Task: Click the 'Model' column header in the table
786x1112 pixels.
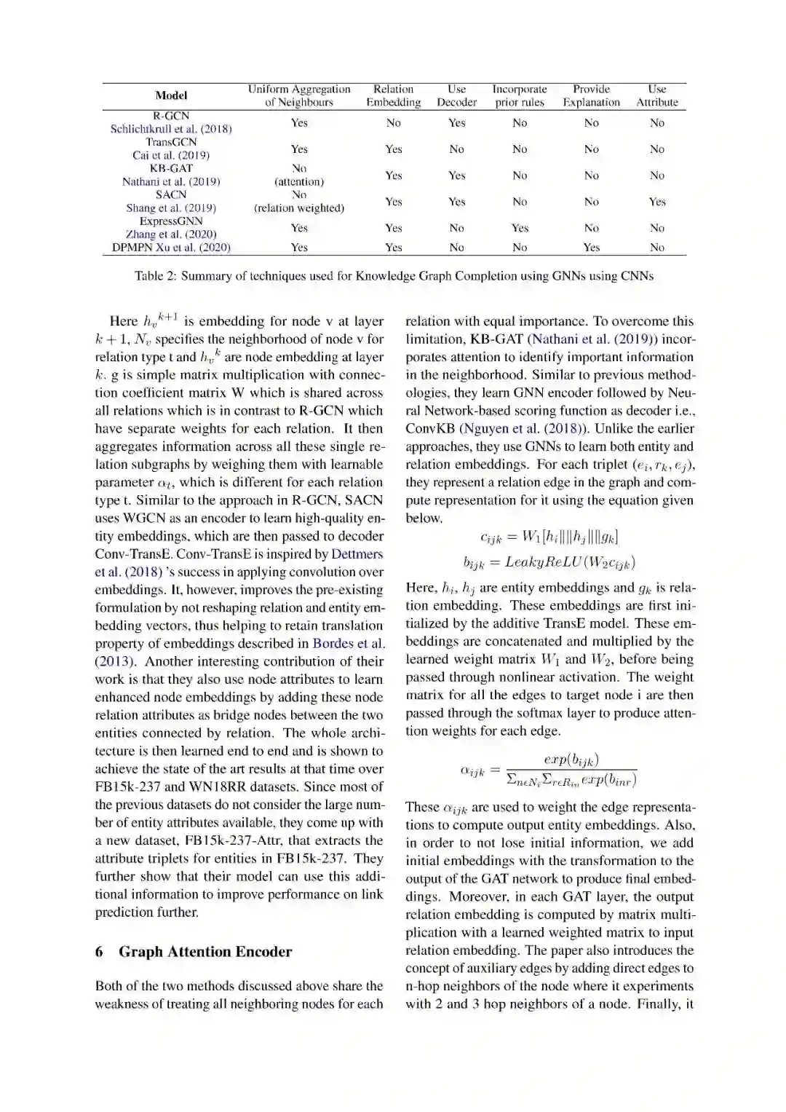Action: coord(171,95)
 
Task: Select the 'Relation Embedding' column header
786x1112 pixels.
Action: coord(393,95)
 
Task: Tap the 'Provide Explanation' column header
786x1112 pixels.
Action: coord(591,95)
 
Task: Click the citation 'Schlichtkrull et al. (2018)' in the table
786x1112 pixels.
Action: coord(171,129)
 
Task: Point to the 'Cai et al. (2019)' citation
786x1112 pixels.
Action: coord(171,155)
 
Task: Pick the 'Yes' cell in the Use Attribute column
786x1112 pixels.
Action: coord(656,202)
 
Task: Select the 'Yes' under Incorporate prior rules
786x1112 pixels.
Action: coord(520,228)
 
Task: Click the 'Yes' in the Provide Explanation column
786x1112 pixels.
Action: coord(591,248)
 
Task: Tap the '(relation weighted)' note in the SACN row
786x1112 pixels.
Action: coord(299,208)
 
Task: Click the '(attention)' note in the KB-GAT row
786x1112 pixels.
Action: coord(299,182)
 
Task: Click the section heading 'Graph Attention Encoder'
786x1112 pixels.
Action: coord(205,952)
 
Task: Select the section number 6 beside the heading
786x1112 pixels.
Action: coord(99,952)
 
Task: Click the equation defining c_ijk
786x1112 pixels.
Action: coord(549,537)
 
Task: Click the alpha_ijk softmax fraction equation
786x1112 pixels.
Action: coord(549,770)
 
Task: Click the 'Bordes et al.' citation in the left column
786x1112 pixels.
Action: coord(349,644)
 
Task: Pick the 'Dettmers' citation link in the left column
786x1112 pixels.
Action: coord(357,554)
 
